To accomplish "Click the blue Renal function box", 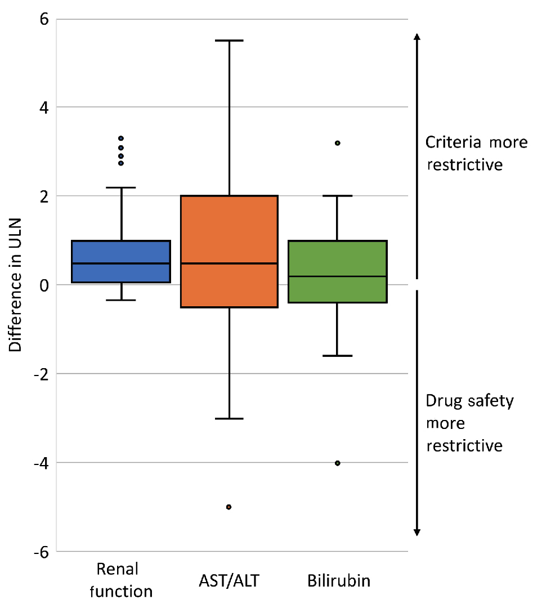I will (122, 261).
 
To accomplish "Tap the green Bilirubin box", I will (337, 271).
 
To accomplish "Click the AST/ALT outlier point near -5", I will (229, 507).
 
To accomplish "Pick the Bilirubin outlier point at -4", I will (337, 463).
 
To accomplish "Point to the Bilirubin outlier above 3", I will (337, 143).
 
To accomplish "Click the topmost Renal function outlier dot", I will (121, 138).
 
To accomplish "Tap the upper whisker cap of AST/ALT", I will (229, 41).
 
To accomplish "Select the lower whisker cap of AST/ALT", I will (229, 418).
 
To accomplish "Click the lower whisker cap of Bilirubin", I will (337, 356).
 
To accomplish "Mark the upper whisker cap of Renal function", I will (122, 187).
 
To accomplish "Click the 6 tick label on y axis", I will (44, 19).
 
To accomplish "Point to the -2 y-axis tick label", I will (41, 373).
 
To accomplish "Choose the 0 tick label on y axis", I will (44, 285).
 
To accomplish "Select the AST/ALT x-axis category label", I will (229, 580).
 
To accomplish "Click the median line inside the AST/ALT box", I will (229, 263).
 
